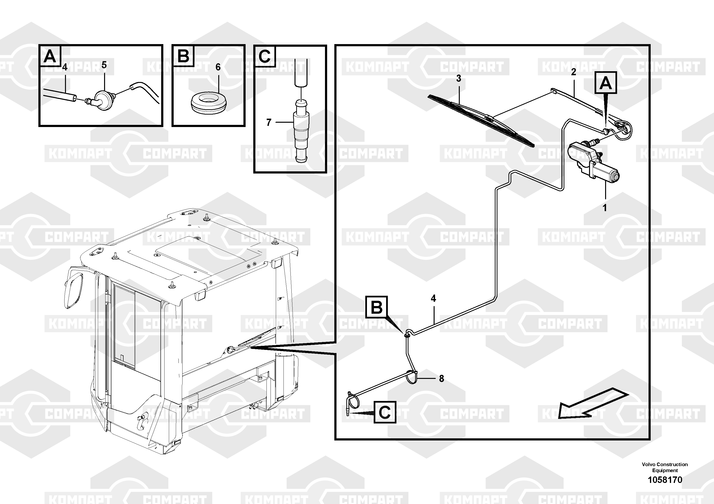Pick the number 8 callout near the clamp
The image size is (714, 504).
tap(441, 378)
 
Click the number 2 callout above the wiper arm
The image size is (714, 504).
tap(573, 72)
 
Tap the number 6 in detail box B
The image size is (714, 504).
tap(218, 67)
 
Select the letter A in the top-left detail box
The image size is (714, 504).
tap(50, 57)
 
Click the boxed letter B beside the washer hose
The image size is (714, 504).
tap(377, 307)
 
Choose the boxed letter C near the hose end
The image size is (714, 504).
tap(385, 412)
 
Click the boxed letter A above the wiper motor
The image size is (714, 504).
tap(605, 83)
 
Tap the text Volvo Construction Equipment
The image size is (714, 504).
tap(665, 467)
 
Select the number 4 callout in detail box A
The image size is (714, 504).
tap(65, 67)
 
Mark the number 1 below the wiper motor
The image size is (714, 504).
tap(605, 208)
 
